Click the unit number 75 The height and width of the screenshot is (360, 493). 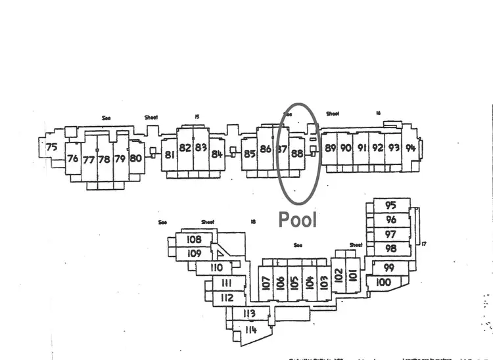(x=52, y=146)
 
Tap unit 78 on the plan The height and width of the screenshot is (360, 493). (x=104, y=159)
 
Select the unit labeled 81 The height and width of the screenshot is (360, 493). (x=170, y=155)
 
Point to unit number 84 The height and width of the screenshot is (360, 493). (x=218, y=154)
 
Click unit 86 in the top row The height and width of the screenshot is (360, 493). (x=266, y=149)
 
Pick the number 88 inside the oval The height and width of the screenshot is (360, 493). (x=297, y=154)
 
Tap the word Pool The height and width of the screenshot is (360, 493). (x=298, y=219)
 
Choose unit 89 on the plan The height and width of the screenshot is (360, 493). (x=331, y=148)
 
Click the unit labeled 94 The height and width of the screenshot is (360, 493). (x=411, y=147)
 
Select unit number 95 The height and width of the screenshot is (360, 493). (x=391, y=205)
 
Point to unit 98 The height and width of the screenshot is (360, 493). (x=391, y=248)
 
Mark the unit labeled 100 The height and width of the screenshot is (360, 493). (x=384, y=282)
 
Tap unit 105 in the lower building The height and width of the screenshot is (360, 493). (x=295, y=282)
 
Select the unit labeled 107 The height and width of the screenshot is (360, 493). (x=266, y=283)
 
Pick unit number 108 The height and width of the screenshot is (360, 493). (x=194, y=239)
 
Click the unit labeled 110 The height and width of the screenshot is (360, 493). (x=217, y=267)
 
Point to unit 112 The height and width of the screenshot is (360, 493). (x=227, y=298)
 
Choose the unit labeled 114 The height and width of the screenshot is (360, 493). (x=250, y=329)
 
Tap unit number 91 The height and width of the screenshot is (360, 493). (x=362, y=148)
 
